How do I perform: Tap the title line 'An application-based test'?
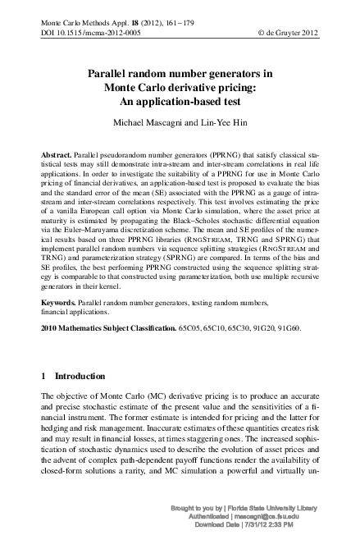tap(180, 101)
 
